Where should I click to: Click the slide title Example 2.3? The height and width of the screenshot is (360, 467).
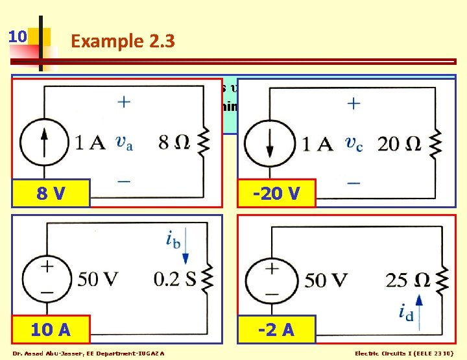pyautogui.click(x=123, y=41)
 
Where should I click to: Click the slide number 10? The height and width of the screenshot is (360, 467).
pyautogui.click(x=18, y=36)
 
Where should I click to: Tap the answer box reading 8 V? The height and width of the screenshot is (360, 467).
pyautogui.click(x=51, y=193)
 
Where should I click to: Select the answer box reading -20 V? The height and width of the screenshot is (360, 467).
pyautogui.click(x=276, y=193)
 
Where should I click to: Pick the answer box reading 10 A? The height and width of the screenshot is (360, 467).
pyautogui.click(x=51, y=330)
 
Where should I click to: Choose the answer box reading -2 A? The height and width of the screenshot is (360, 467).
pyautogui.click(x=276, y=330)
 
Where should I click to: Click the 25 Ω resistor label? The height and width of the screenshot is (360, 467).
pyautogui.click(x=405, y=280)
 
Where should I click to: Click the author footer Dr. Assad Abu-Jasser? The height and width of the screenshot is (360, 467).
pyautogui.click(x=88, y=354)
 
